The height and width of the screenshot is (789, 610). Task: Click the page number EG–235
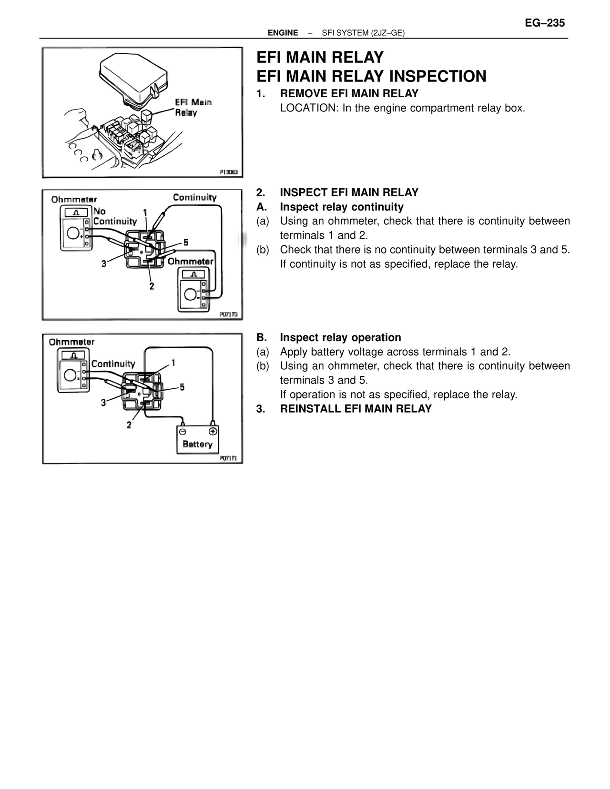545,23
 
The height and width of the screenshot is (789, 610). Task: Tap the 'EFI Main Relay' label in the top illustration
193,107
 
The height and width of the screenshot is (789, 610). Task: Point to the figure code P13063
229,172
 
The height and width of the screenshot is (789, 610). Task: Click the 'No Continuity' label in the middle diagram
114,216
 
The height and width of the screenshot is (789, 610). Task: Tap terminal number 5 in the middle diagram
186,243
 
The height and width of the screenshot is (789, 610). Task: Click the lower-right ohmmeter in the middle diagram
194,290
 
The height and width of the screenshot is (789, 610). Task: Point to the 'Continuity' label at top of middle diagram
194,197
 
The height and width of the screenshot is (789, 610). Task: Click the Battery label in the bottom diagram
197,444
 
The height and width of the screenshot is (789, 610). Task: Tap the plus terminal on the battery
213,431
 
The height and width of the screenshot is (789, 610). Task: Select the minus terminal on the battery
183,431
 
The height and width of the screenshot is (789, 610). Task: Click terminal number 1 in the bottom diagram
173,363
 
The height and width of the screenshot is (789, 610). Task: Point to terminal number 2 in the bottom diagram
129,425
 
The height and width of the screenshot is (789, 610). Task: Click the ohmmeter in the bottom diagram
74,370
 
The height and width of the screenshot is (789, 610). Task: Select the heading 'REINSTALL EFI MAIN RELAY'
356,409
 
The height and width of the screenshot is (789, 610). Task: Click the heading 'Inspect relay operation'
340,337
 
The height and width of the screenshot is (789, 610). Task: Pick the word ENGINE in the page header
283,33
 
